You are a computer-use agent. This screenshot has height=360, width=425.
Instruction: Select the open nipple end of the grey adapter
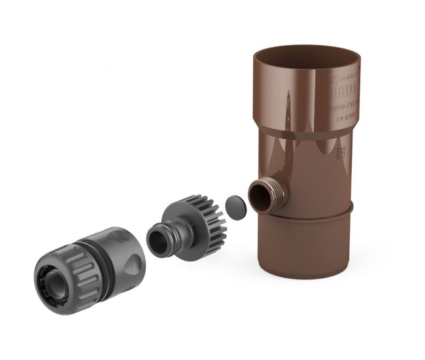[x=157, y=239]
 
